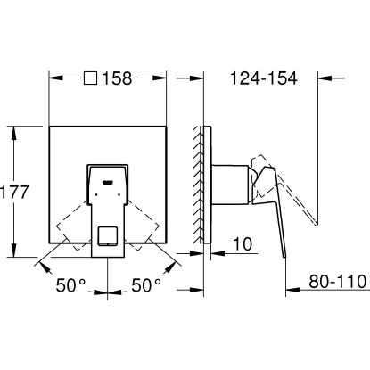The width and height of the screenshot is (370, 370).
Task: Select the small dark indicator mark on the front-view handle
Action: click(x=110, y=185)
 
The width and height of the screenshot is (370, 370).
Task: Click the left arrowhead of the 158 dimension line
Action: click(x=52, y=78)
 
